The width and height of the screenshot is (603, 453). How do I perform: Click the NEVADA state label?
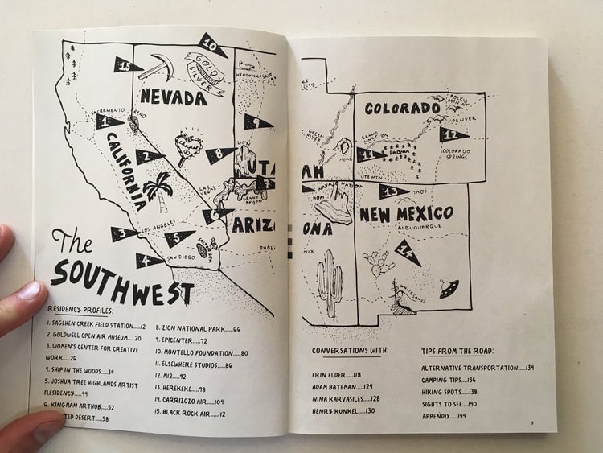(170, 98)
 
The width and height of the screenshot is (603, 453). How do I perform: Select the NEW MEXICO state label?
(409, 215)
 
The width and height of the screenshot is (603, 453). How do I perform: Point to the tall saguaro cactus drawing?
(329, 282)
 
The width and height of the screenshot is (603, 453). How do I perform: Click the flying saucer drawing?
(449, 285)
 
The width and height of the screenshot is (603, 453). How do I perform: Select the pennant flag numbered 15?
(126, 64)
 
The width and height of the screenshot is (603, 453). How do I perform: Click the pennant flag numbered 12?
(453, 134)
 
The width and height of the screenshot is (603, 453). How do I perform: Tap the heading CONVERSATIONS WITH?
(350, 351)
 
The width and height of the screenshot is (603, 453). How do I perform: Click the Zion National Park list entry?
(197, 328)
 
